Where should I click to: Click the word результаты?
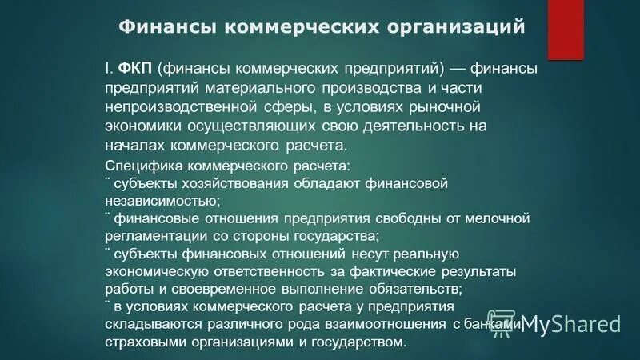coord(484,271)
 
